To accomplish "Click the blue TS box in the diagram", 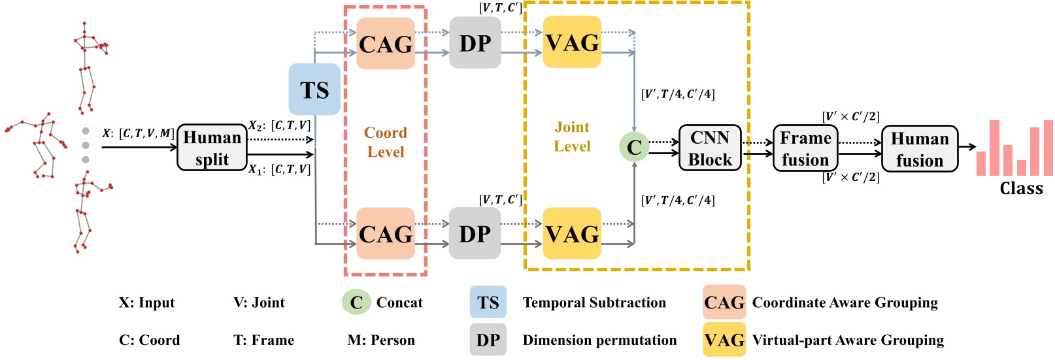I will [x=314, y=90].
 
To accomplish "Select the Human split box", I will [x=212, y=148].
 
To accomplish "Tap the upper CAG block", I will [x=386, y=44].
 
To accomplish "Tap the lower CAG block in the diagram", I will [x=386, y=233].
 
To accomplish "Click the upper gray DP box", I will [x=475, y=43].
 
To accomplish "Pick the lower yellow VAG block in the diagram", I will [x=572, y=233].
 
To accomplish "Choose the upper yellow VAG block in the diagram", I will [x=572, y=42].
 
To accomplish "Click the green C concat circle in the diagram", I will [x=633, y=147].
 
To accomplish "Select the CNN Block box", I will [x=710, y=148].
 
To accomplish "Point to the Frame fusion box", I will [x=805, y=149].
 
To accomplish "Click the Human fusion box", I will [x=919, y=149].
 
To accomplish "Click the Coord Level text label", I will [x=385, y=142].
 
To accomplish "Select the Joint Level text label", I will [x=572, y=137].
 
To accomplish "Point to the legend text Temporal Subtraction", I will [x=594, y=303].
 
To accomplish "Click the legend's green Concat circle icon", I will [x=356, y=303].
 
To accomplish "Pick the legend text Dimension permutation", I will [x=599, y=340].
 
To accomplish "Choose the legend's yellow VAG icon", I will [x=724, y=340].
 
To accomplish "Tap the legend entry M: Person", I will [x=381, y=340].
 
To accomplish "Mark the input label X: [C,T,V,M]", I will [x=138, y=133].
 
